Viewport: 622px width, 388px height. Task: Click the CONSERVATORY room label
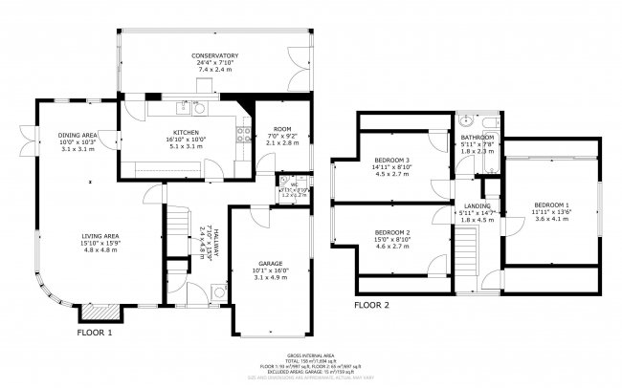coord(213,56)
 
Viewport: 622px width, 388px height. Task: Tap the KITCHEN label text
coord(185,131)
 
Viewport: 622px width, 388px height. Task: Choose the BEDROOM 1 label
coord(551,205)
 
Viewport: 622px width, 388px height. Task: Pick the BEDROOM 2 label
coord(392,233)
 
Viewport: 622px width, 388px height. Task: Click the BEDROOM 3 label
coord(392,160)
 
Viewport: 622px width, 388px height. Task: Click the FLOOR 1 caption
coord(95,333)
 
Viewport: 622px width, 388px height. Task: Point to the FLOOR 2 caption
coord(371,306)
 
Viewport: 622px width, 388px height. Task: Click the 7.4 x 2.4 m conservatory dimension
coord(213,71)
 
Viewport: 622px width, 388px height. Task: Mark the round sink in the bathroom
coord(466,121)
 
